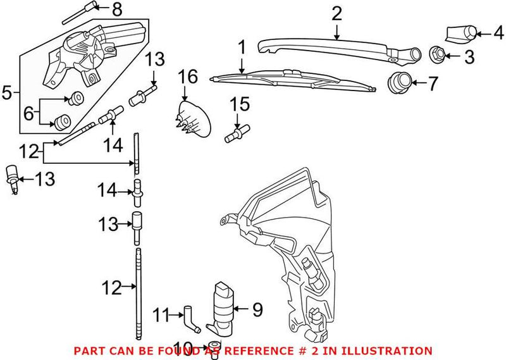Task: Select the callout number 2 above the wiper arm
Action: [x=336, y=13]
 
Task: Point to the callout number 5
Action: [x=7, y=94]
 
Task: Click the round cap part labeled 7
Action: [x=398, y=82]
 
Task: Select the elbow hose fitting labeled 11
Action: [x=189, y=316]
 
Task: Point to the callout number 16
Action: [x=187, y=78]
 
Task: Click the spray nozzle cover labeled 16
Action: [x=193, y=119]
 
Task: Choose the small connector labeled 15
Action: [x=235, y=133]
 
